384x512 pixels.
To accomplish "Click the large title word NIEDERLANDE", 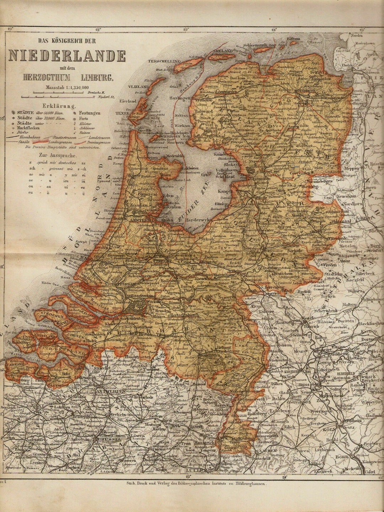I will (x=67, y=56).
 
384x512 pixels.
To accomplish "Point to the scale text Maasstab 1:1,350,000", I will (x=67, y=87).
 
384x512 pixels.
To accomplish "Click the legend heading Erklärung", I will (x=59, y=106).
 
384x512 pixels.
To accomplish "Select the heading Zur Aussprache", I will (x=59, y=155).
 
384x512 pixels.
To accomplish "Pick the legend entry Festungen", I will (x=89, y=113).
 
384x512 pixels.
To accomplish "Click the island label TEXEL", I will (x=121, y=113).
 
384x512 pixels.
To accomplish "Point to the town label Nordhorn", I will (x=353, y=204).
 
